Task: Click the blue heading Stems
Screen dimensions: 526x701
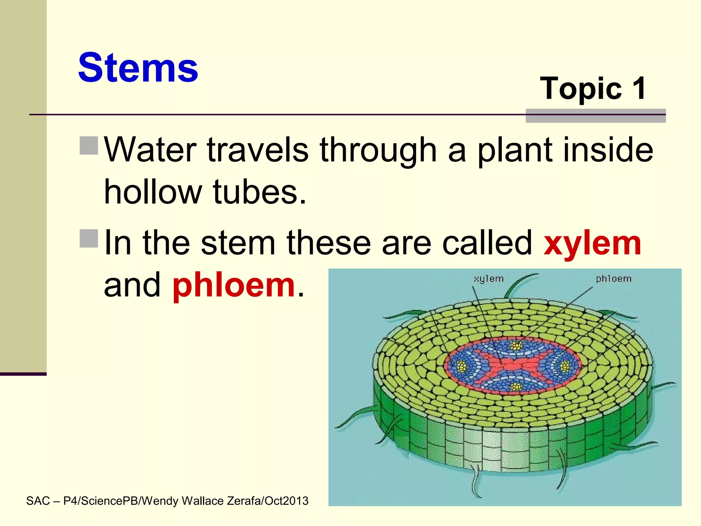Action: pyautogui.click(x=138, y=67)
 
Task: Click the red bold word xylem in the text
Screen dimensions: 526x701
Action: pyautogui.click(x=592, y=243)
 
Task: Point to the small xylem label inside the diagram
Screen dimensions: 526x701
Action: pyautogui.click(x=488, y=279)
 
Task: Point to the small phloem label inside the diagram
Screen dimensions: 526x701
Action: pyautogui.click(x=613, y=279)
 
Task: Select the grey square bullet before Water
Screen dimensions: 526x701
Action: pyautogui.click(x=89, y=146)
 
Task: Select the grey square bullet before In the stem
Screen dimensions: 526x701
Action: pyautogui.click(x=89, y=238)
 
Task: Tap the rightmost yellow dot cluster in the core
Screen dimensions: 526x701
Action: pyautogui.click(x=564, y=367)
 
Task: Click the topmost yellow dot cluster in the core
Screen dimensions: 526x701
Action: pyautogui.click(x=515, y=345)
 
